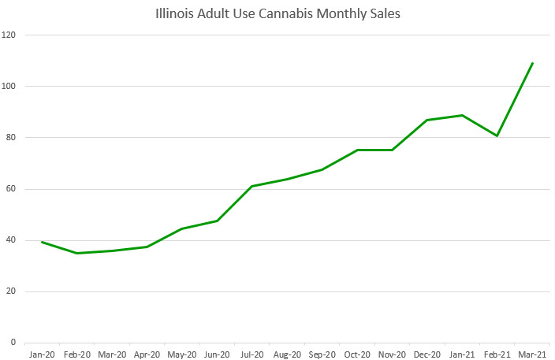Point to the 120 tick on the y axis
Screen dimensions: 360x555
tap(10, 35)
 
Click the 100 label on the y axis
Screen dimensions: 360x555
tap(10, 87)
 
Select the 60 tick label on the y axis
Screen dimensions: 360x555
tap(13, 189)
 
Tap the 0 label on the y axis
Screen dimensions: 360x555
tap(15, 343)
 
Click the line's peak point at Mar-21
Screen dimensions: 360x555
tap(532, 63)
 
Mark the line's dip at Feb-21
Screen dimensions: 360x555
tap(497, 135)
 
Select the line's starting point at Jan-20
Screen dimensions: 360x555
tap(42, 242)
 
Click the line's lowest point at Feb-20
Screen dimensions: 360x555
tap(76, 253)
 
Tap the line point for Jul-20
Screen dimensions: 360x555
tap(251, 186)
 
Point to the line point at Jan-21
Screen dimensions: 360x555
tap(462, 115)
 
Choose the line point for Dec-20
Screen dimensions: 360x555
tap(427, 120)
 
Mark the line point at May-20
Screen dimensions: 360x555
tap(182, 228)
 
